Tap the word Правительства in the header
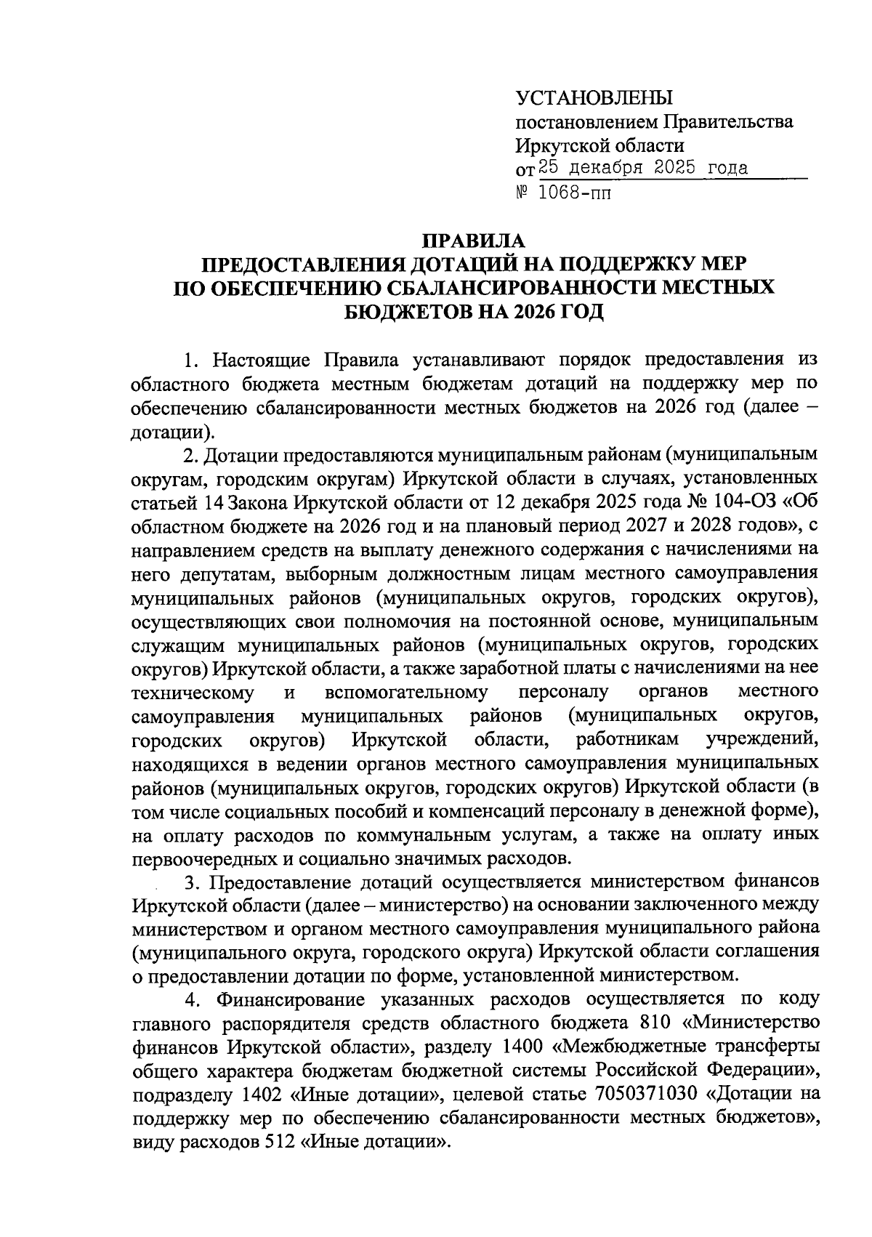(x=729, y=122)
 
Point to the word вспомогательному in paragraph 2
(x=406, y=692)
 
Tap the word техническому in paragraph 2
(x=193, y=692)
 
